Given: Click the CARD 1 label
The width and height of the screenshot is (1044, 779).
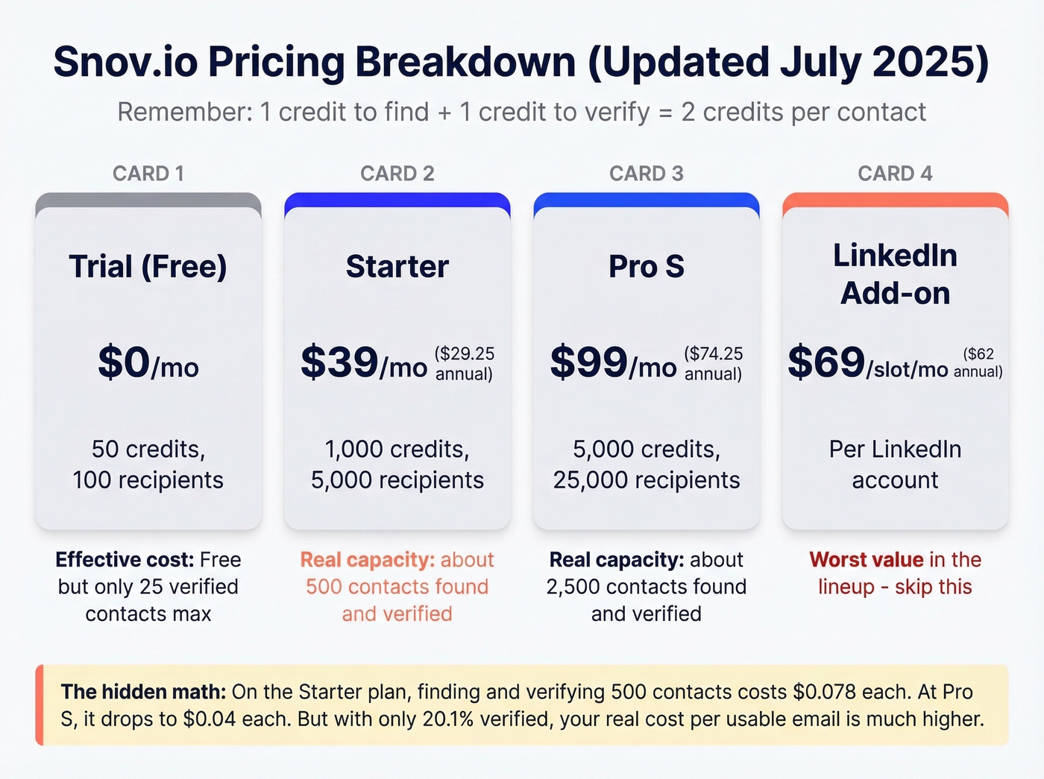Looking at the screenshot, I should coord(148,174).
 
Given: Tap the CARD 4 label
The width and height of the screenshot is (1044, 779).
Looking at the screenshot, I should coord(895,174).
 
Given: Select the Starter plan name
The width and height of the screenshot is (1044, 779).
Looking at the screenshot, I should coord(397,267).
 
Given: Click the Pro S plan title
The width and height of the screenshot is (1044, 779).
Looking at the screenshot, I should coord(647,267).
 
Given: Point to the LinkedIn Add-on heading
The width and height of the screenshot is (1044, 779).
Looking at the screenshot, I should coord(895,274).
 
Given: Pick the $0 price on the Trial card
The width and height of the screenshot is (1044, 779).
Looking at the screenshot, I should coord(125,362).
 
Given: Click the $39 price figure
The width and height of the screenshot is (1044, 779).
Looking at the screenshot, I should coord(339,362).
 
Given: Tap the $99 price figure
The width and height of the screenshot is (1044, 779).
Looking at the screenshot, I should coord(588,362).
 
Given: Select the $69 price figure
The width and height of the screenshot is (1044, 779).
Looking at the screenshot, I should coord(826,362).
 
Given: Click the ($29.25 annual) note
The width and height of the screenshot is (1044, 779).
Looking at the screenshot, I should coord(465,364).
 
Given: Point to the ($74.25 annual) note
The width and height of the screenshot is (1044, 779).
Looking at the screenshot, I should coord(714,364).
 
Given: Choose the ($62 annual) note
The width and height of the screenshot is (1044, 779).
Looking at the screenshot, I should coord(978,363).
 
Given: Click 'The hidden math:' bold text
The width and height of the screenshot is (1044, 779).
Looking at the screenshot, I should coord(143,692).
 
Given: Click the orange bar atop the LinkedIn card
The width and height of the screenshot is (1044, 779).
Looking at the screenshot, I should coord(895,200).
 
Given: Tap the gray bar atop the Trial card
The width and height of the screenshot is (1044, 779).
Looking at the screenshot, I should coord(148,200).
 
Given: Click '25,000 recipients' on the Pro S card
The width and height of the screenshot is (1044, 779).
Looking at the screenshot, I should coord(647,480).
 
